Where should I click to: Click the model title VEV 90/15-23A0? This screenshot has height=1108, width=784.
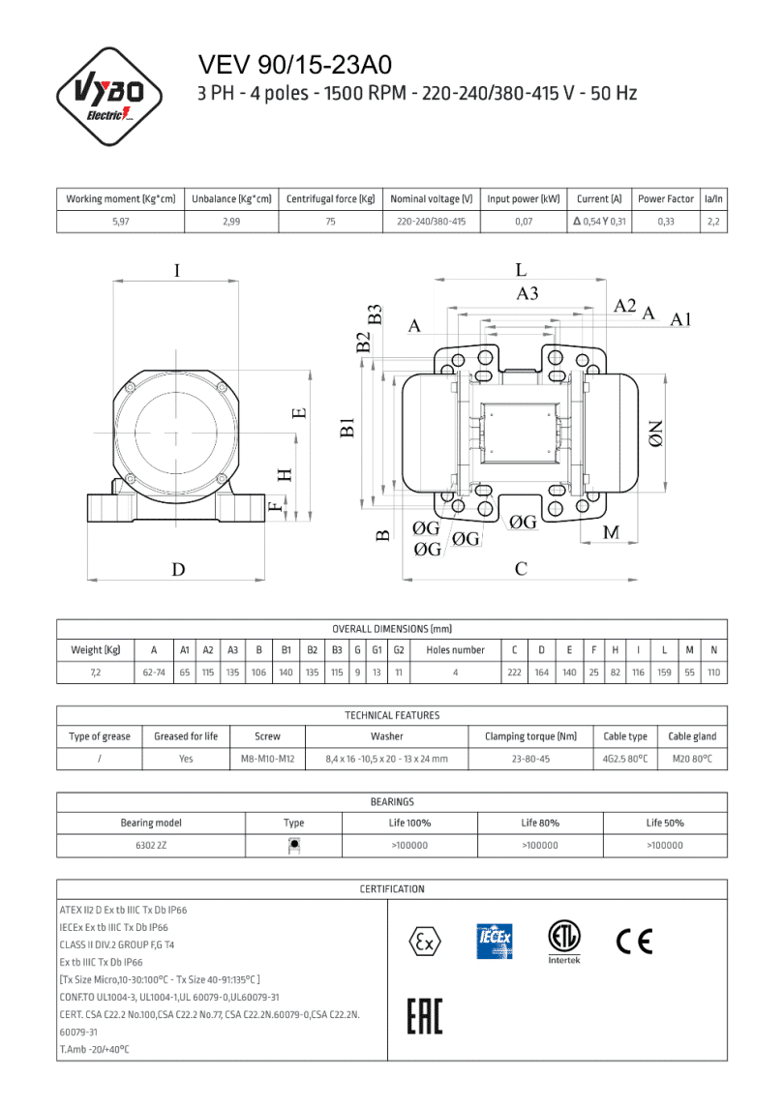(294, 65)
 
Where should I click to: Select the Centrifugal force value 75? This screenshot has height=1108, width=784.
(330, 222)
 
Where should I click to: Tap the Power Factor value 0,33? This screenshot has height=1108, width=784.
(666, 222)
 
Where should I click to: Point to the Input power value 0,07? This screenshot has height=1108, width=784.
(524, 222)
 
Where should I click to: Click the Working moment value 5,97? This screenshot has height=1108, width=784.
(120, 222)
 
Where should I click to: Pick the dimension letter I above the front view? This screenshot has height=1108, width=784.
(176, 271)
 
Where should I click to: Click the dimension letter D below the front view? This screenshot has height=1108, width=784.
(178, 569)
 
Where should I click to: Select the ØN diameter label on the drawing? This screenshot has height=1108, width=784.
(656, 433)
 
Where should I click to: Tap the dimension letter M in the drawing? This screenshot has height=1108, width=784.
(611, 532)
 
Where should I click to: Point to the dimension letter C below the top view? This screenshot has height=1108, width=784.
(521, 568)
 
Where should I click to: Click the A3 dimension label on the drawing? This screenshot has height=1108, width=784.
(527, 294)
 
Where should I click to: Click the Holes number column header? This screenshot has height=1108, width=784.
(455, 650)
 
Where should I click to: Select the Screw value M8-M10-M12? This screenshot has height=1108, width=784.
(267, 760)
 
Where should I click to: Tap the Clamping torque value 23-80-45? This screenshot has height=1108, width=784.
(530, 760)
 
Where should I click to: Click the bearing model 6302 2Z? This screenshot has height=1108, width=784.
(150, 845)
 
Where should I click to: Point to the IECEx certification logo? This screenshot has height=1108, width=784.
(495, 942)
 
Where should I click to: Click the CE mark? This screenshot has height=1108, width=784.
(634, 941)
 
